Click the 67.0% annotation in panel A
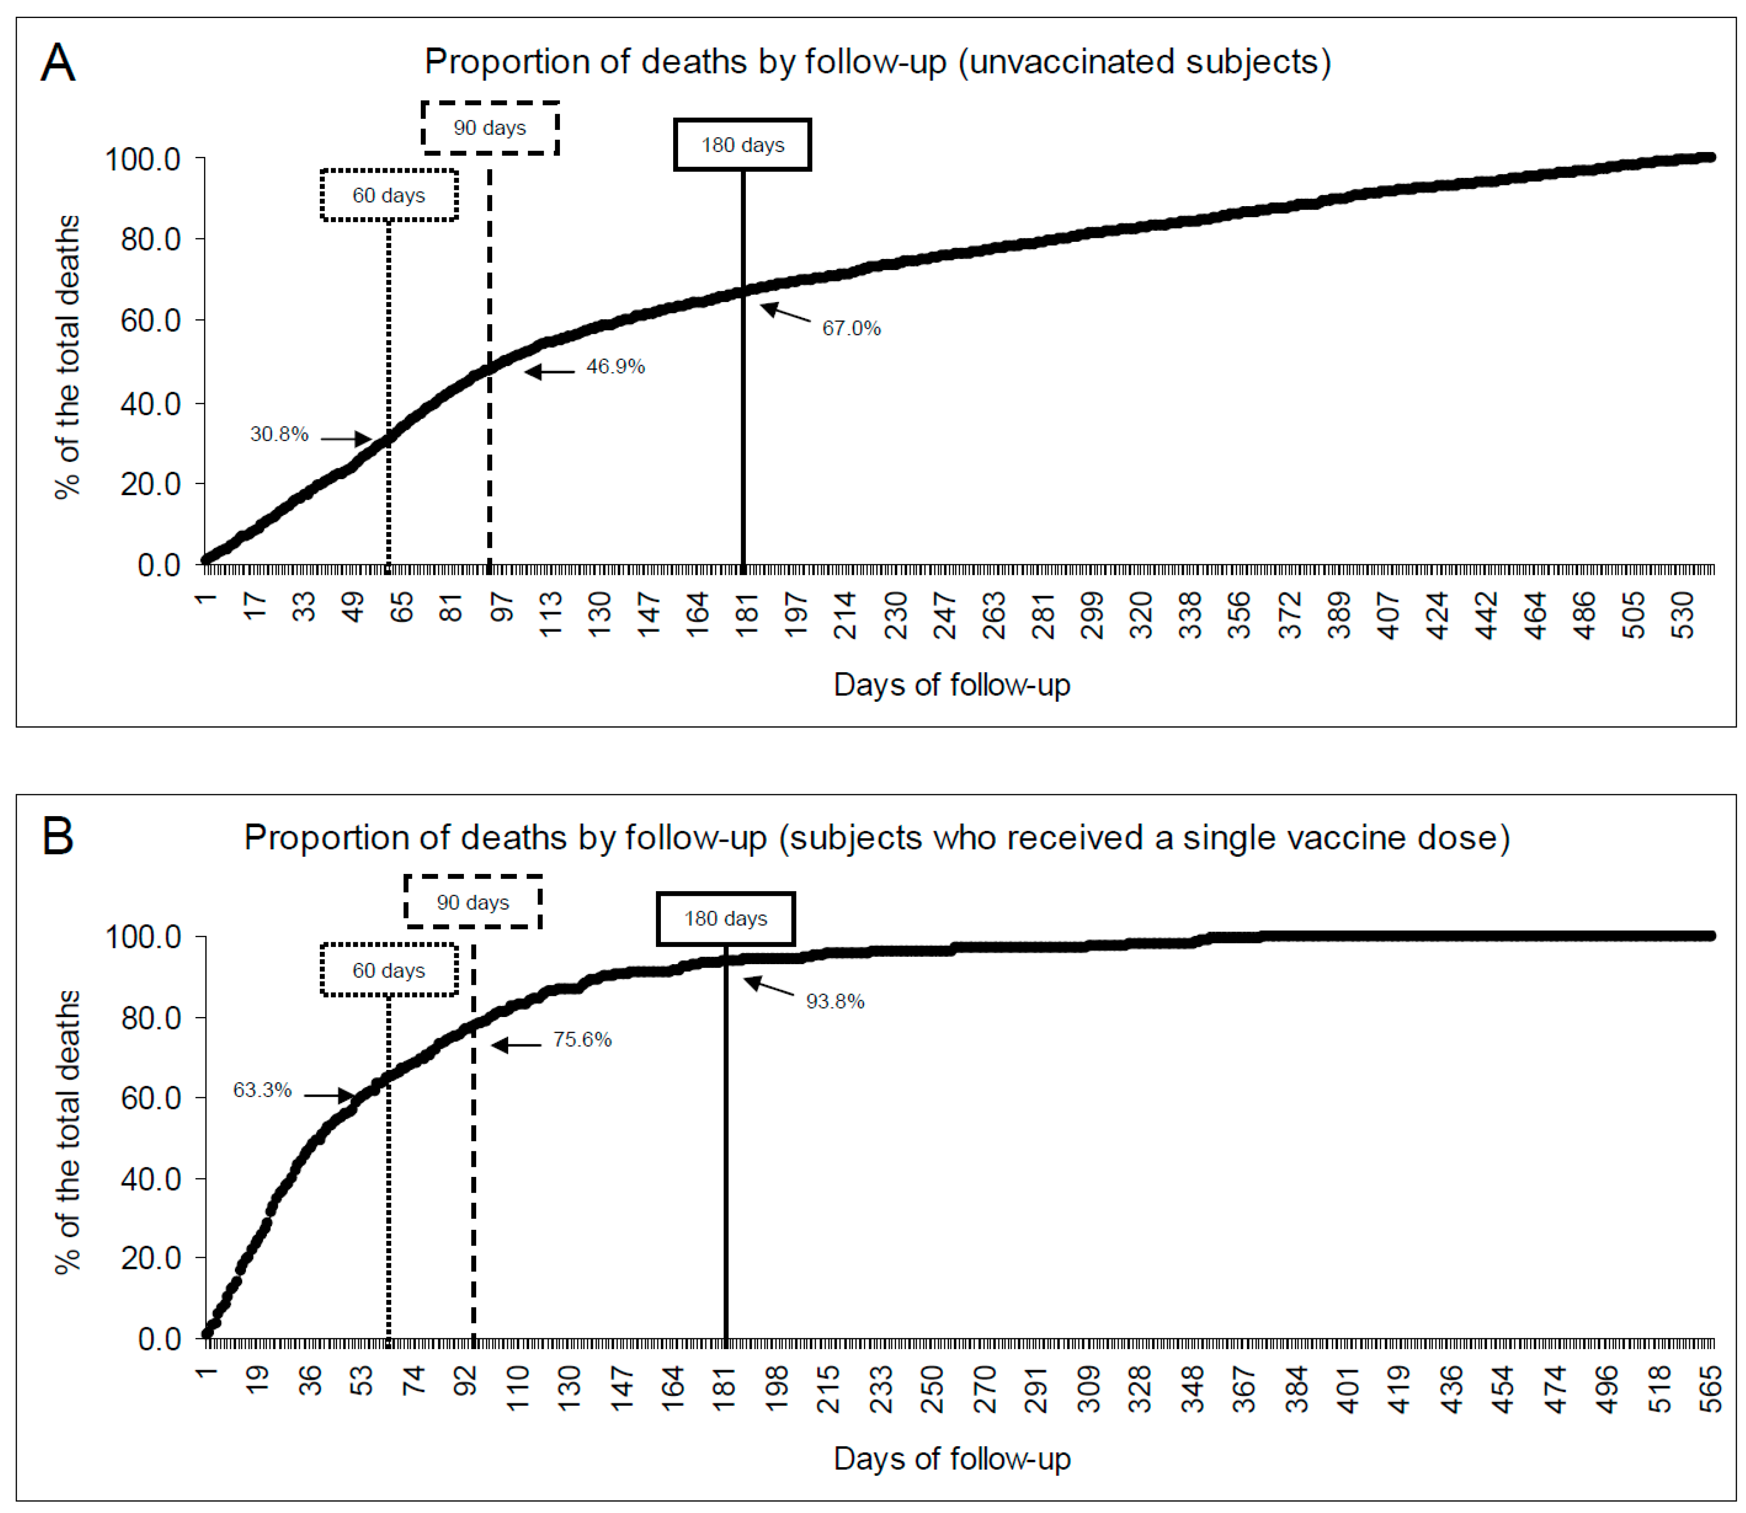tap(851, 329)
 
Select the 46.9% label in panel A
tap(615, 366)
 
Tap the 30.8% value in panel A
tap(279, 434)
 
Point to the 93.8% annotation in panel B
tap(835, 1001)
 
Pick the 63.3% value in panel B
tap(263, 1090)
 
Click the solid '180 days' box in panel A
tap(742, 145)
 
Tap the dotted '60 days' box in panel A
tap(389, 195)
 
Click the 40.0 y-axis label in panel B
tap(150, 1179)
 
